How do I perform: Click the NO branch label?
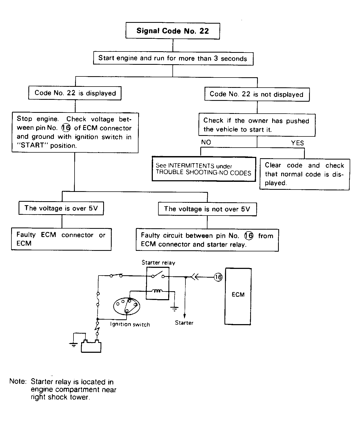pyautogui.click(x=206, y=142)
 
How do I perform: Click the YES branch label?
pyautogui.click(x=297, y=143)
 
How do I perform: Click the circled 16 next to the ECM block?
pyautogui.click(x=218, y=277)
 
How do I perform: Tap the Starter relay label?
pyautogui.click(x=158, y=263)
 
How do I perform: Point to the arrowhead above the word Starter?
pyautogui.click(x=184, y=315)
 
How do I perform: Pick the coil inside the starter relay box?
pyautogui.click(x=157, y=291)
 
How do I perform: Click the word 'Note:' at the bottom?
pyautogui.click(x=18, y=381)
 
